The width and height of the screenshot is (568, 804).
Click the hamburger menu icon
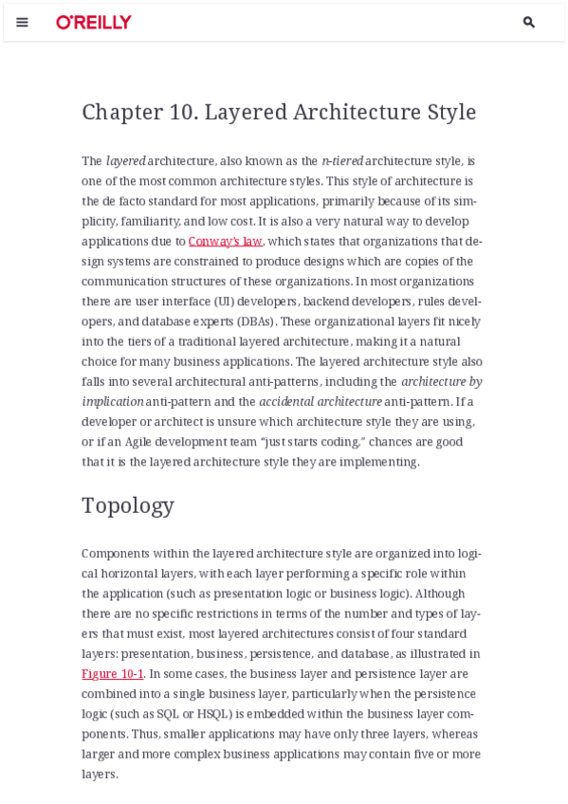point(22,22)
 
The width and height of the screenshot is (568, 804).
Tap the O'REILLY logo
point(94,22)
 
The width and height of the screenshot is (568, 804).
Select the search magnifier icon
point(529,22)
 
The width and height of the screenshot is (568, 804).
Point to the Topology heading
point(128,505)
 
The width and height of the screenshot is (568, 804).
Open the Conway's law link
point(225,241)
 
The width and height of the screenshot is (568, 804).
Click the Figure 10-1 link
point(112,674)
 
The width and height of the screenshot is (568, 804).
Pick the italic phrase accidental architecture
point(321,402)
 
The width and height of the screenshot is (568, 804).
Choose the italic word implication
point(113,402)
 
